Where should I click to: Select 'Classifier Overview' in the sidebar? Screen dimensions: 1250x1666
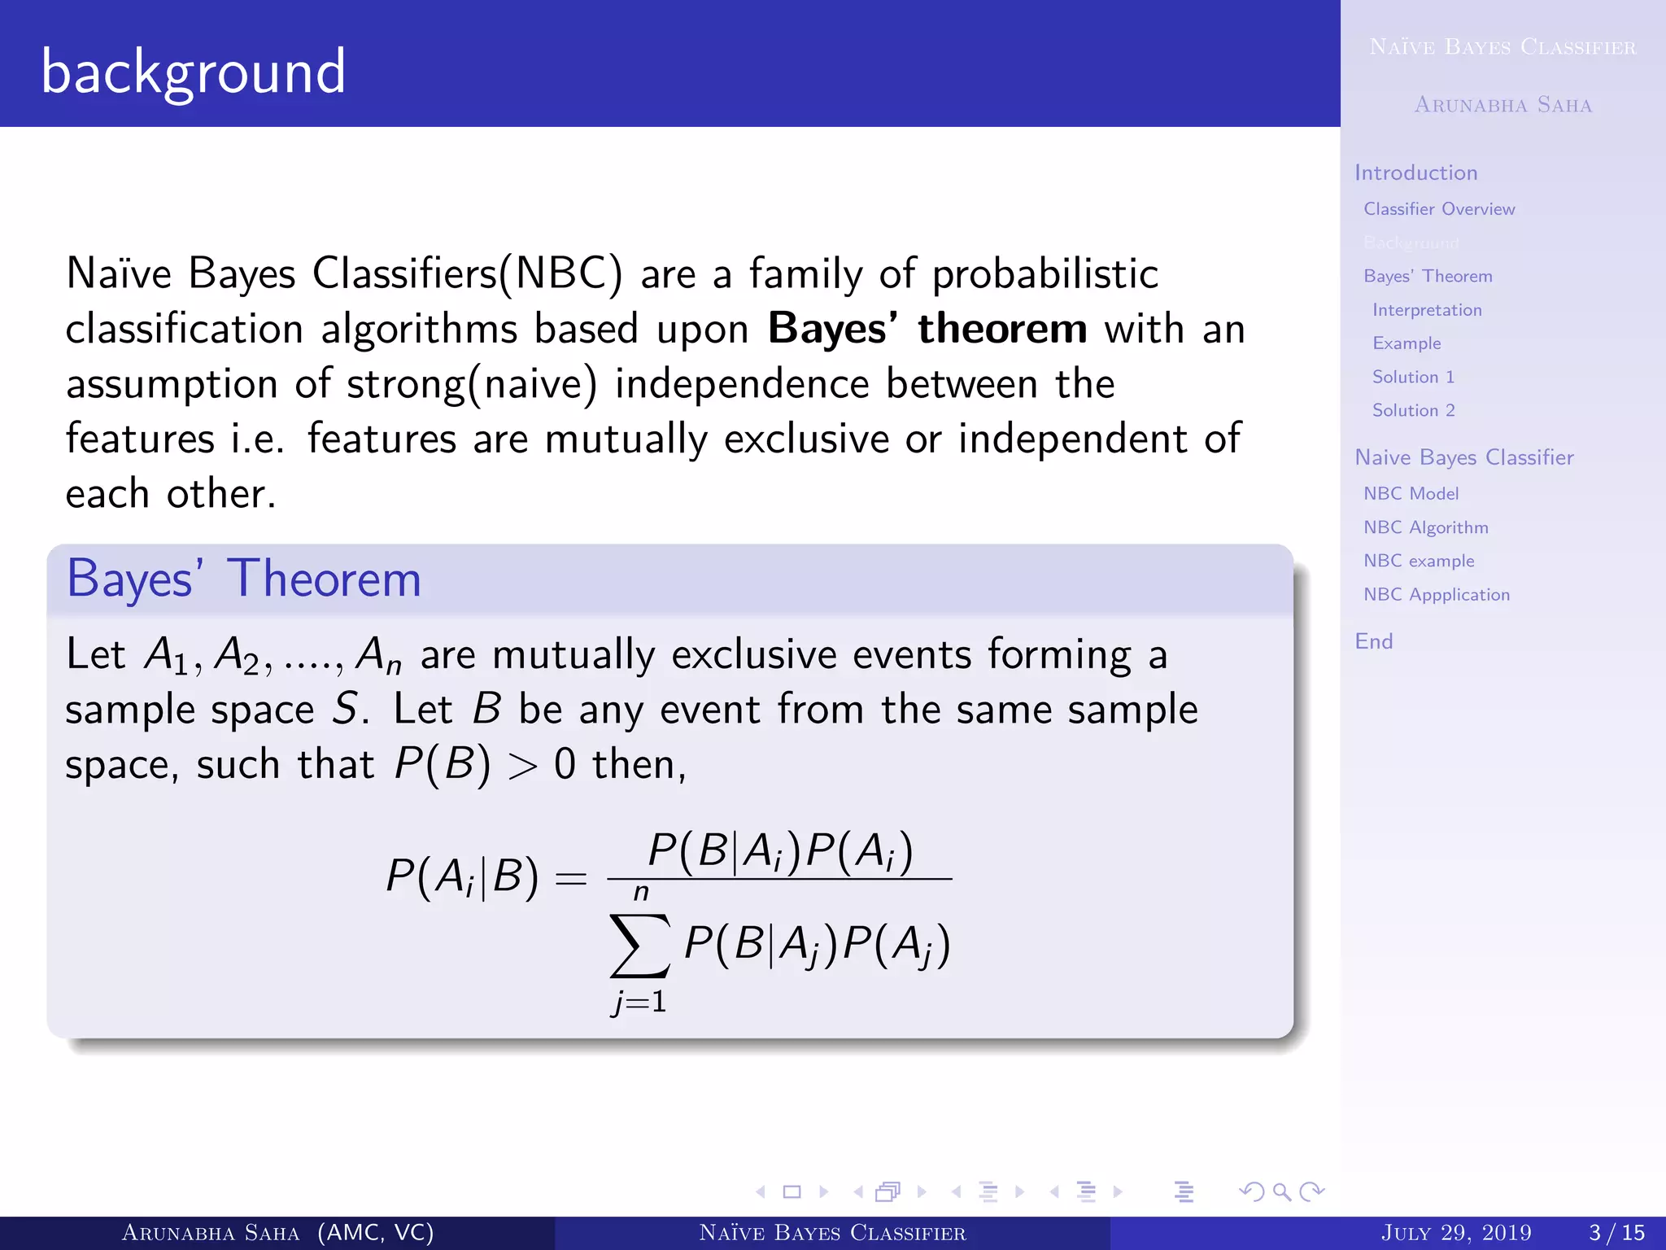(1439, 209)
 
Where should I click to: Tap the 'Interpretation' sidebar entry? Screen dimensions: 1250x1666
(1427, 310)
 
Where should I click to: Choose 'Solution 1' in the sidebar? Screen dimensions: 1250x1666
(1413, 377)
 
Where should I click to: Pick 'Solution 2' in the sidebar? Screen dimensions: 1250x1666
(1413, 410)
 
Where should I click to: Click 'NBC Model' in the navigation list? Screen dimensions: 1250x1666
(1411, 494)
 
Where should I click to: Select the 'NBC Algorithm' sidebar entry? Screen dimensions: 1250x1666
(1425, 527)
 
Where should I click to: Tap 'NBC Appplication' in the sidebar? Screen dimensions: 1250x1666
(1436, 595)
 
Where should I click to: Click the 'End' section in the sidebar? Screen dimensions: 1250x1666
(1373, 641)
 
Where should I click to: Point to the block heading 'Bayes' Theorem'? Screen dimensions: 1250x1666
(243, 579)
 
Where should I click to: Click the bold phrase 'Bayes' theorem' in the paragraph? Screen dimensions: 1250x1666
(927, 330)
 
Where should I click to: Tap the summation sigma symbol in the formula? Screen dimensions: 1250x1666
(640, 946)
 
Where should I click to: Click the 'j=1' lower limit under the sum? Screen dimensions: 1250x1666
(639, 1002)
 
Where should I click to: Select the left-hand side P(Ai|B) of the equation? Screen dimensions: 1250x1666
(462, 877)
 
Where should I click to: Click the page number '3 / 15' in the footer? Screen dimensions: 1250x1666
(1616, 1233)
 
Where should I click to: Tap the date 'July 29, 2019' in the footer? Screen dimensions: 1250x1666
(1455, 1233)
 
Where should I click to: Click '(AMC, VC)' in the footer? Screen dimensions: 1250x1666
(375, 1233)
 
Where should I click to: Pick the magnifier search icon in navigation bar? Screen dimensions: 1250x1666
(1282, 1192)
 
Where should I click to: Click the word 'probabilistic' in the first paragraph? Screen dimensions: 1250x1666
(1045, 274)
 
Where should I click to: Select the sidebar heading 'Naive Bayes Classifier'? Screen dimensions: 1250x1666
(1463, 457)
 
